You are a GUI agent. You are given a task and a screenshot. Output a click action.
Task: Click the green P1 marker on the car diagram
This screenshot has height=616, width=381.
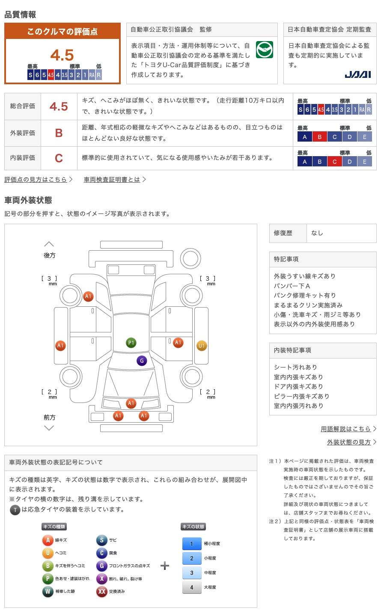[x=131, y=343]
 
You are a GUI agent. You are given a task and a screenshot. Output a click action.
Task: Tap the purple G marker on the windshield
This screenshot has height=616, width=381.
[x=142, y=361]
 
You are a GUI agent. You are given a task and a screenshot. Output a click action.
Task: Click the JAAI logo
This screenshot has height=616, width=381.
[x=357, y=74]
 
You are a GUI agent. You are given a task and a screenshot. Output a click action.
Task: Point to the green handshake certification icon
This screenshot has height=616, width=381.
[x=264, y=50]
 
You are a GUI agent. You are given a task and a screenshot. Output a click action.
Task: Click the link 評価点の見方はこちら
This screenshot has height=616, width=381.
[x=36, y=180]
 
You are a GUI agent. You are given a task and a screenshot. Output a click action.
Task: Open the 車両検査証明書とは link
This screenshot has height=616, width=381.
[x=112, y=180]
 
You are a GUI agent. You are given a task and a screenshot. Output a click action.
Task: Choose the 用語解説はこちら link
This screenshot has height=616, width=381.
[x=346, y=429]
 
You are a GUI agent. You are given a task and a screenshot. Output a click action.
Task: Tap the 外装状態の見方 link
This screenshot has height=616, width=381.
[x=349, y=442]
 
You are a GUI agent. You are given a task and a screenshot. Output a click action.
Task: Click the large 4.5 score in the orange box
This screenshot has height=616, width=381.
[x=62, y=55]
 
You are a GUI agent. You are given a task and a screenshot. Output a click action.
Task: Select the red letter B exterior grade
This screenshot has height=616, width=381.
[x=59, y=133]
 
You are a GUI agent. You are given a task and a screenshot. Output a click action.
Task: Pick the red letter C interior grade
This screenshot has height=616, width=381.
[x=59, y=158]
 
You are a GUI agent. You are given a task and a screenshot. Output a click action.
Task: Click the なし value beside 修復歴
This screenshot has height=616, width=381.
[x=317, y=233]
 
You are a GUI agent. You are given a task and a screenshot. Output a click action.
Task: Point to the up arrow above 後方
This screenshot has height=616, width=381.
[x=49, y=244]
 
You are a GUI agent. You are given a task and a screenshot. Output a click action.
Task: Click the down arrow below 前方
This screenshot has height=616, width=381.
[x=49, y=428]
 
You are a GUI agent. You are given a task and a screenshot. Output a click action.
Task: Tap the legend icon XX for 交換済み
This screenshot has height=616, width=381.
[x=101, y=592]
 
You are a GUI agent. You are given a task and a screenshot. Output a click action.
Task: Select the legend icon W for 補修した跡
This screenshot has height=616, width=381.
[x=48, y=592]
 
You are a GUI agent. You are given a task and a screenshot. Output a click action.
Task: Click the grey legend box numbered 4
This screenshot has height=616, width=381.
[x=192, y=587]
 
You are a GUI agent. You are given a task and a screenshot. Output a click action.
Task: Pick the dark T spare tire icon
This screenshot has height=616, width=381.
[x=15, y=509]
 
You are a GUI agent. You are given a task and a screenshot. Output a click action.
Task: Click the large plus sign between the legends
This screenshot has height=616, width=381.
[x=165, y=566]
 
